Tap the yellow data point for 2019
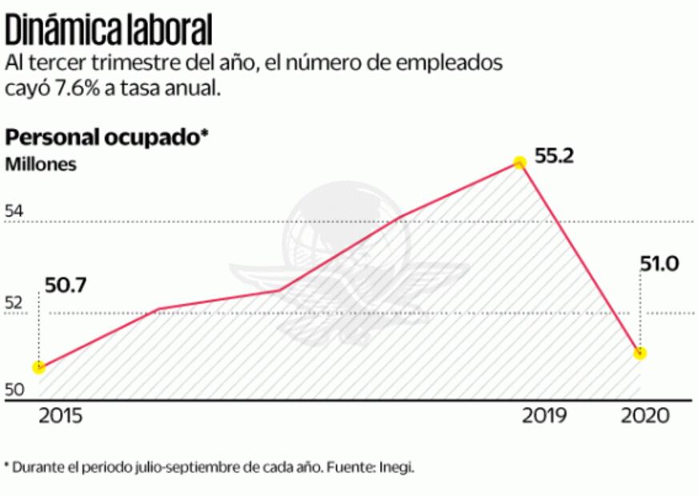tap(519, 162)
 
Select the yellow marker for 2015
tap(38, 367)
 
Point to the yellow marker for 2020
tap(640, 354)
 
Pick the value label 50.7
tap(68, 282)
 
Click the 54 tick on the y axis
tap(14, 212)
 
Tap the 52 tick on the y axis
tap(14, 303)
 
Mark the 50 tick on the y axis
tap(14, 390)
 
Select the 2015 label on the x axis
tap(60, 417)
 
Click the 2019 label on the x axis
tap(544, 417)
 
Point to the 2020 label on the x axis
tap(645, 417)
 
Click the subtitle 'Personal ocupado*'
tap(106, 138)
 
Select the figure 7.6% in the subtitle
tap(76, 88)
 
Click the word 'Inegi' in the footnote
tap(396, 467)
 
